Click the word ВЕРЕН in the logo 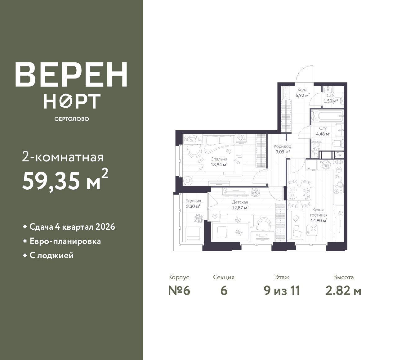71,75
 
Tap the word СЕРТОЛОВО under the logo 72,119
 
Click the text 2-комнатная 63,158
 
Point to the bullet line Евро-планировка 65,241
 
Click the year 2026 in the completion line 105,227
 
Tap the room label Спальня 219,159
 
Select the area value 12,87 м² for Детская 240,208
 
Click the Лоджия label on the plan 193,201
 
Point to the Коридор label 282,146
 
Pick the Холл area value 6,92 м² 303,96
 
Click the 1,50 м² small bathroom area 331,101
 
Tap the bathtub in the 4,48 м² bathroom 327,116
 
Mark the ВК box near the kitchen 340,155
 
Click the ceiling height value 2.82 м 344,291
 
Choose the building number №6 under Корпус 179,291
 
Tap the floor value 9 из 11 282,291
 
